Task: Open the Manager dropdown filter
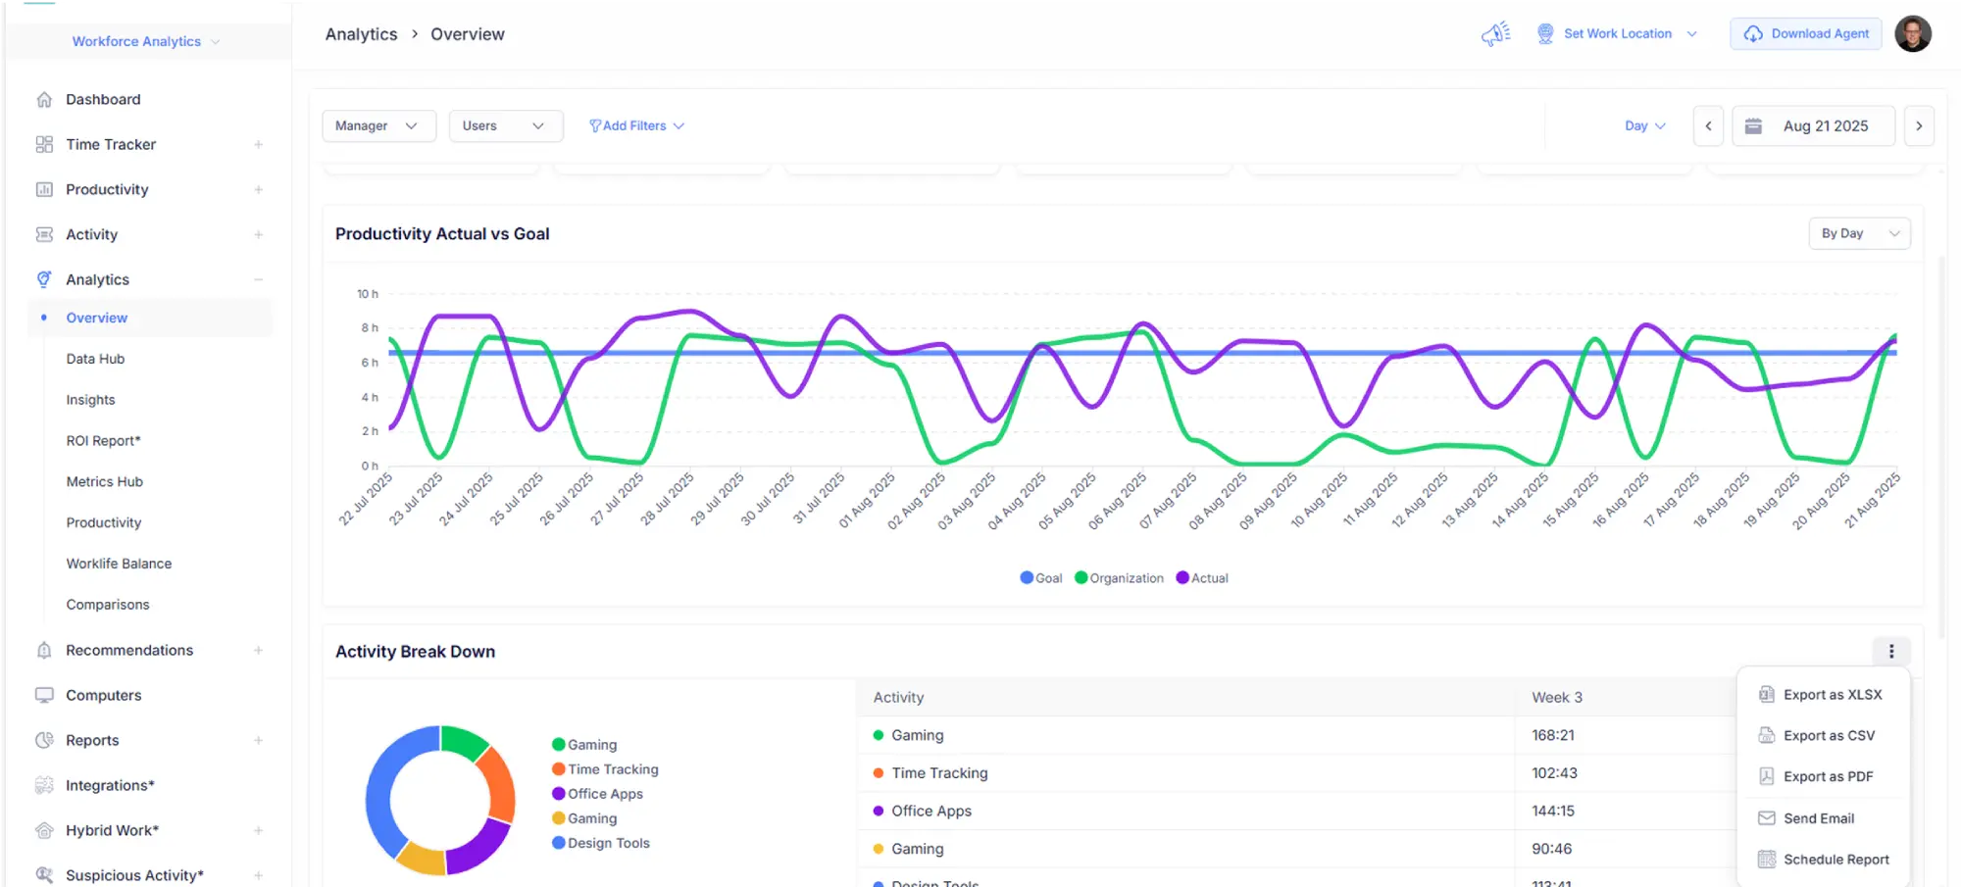[377, 125]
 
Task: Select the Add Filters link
[636, 125]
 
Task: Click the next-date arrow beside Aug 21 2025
[1919, 125]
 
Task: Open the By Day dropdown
[1859, 233]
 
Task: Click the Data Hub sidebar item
[95, 359]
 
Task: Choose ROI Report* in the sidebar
[103, 441]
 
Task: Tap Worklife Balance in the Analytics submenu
[119, 564]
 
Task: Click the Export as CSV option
[1828, 736]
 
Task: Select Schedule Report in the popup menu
[1835, 860]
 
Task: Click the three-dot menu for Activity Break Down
[1891, 652]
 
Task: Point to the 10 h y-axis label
[368, 294]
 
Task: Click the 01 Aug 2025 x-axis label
[867, 501]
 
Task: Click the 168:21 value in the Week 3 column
[1553, 735]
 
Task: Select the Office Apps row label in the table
[930, 812]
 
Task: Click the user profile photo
[1912, 33]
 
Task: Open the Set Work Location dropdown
[1617, 33]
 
